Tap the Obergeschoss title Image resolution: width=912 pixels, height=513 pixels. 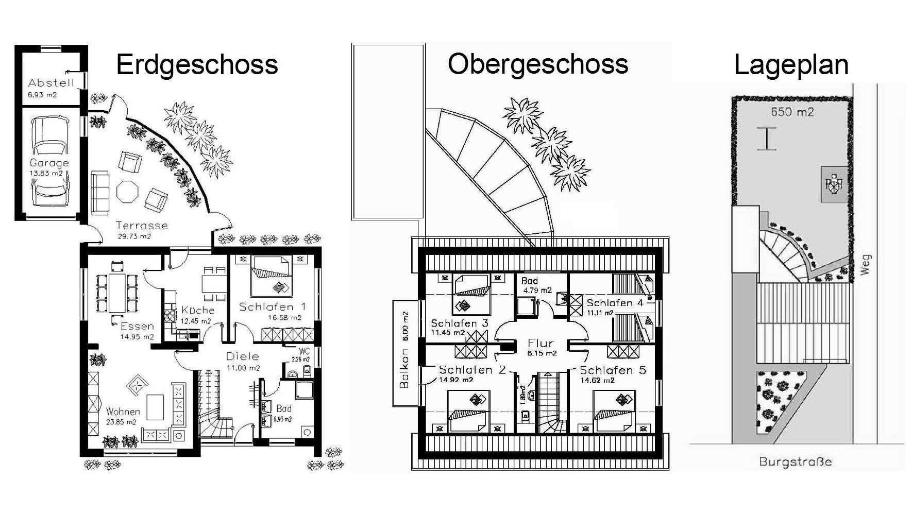(538, 64)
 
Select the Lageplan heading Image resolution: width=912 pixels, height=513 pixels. (791, 65)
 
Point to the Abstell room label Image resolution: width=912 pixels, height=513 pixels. (52, 82)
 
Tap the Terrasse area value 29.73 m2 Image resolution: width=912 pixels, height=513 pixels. (131, 236)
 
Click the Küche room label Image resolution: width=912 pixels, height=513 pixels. (198, 310)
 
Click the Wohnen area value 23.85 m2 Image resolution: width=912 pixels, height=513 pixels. (121, 422)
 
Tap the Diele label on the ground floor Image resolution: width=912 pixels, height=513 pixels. (242, 356)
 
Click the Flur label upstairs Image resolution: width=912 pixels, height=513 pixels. (541, 343)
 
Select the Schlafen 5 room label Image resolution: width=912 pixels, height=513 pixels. (613, 370)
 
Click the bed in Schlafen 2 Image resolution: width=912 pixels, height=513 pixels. (468, 412)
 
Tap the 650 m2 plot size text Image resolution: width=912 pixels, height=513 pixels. (792, 112)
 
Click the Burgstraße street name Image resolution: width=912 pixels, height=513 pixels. (795, 461)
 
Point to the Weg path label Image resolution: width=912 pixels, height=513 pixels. (865, 264)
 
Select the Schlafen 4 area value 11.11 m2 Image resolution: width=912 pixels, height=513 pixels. (600, 313)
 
